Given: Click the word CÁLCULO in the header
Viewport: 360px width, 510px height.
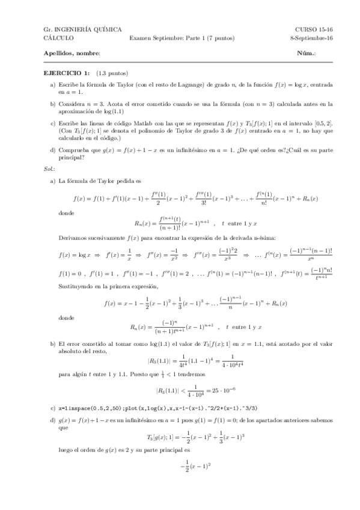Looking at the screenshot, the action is tap(58, 37).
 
